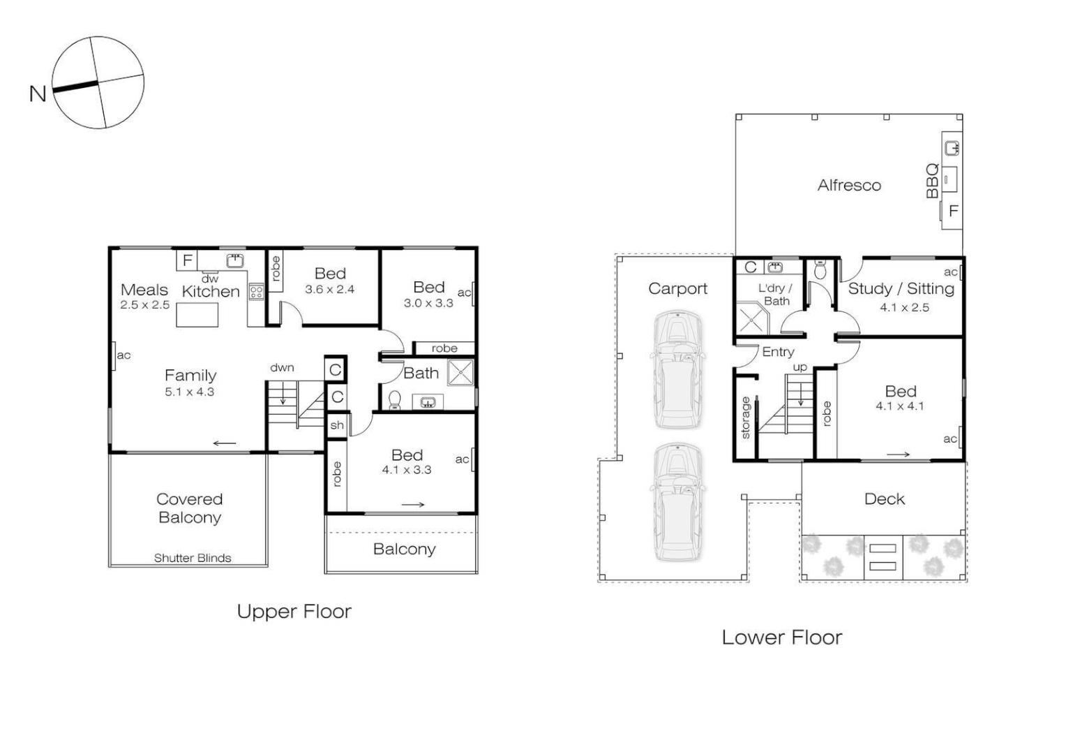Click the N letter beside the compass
pyautogui.click(x=38, y=94)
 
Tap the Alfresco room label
pyautogui.click(x=849, y=185)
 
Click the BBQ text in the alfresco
pyautogui.click(x=932, y=181)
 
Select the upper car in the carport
pyautogui.click(x=677, y=369)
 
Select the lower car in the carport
pyautogui.click(x=677, y=502)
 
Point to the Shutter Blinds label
pyautogui.click(x=193, y=558)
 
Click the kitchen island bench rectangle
pyautogui.click(x=197, y=315)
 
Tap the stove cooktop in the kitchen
pyautogui.click(x=256, y=292)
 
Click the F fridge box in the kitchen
pyautogui.click(x=187, y=260)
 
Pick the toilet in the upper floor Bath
pyautogui.click(x=395, y=399)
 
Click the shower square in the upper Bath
pyautogui.click(x=460, y=372)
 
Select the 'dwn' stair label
pyautogui.click(x=283, y=368)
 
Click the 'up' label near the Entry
pyautogui.click(x=800, y=367)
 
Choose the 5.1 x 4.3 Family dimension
pyautogui.click(x=190, y=392)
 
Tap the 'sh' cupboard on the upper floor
pyautogui.click(x=337, y=425)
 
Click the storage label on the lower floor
pyautogui.click(x=745, y=417)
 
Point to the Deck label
pyautogui.click(x=884, y=498)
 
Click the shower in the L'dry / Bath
pyautogui.click(x=752, y=319)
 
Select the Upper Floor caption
pyautogui.click(x=294, y=612)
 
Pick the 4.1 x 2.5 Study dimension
pyautogui.click(x=904, y=307)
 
